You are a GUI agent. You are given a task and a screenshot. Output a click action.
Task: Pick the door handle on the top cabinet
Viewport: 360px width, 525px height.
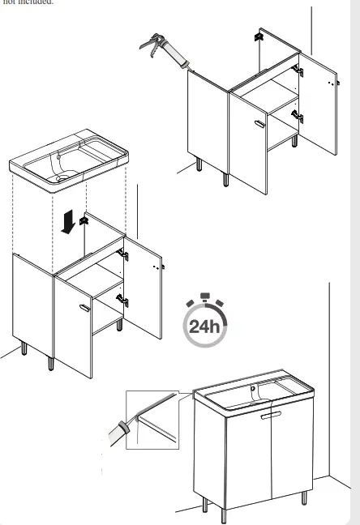coord(259,123)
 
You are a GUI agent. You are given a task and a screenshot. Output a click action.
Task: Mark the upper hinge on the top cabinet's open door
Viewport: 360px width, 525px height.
coord(298,72)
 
